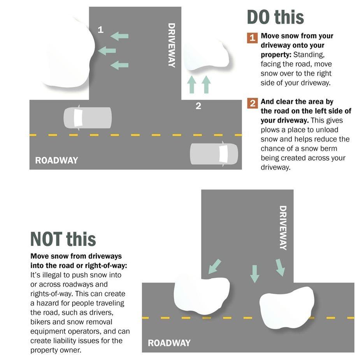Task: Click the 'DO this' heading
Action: pos(276,17)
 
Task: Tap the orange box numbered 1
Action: pos(252,38)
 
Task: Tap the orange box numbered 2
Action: pos(252,104)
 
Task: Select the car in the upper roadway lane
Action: pos(88,118)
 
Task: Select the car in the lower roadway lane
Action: pos(214,154)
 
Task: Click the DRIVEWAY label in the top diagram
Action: pos(172,45)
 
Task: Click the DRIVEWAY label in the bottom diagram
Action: pos(283,228)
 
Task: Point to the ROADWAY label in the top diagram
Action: pos(56,160)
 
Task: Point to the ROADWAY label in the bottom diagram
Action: pos(169,343)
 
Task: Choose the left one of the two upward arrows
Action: pos(191,84)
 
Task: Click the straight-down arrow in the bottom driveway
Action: pos(255,274)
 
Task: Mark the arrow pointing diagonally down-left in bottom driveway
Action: pos(214,266)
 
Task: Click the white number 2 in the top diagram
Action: pos(198,105)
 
